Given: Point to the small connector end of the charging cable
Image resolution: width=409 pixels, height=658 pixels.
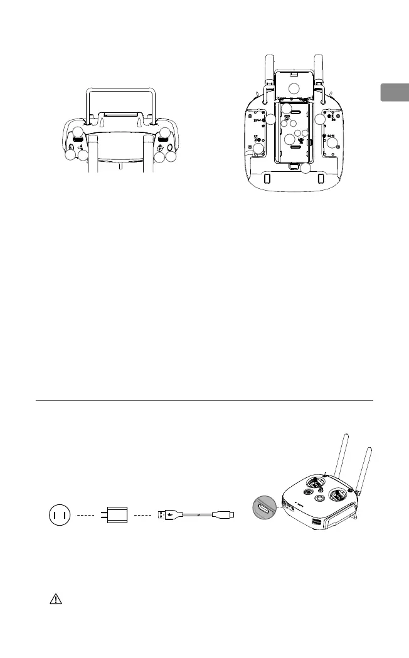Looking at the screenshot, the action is click(x=228, y=516).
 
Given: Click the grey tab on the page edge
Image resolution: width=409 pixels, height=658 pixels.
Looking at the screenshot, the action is click(x=395, y=93).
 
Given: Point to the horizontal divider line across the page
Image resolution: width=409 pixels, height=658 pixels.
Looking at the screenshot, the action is click(x=204, y=400).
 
